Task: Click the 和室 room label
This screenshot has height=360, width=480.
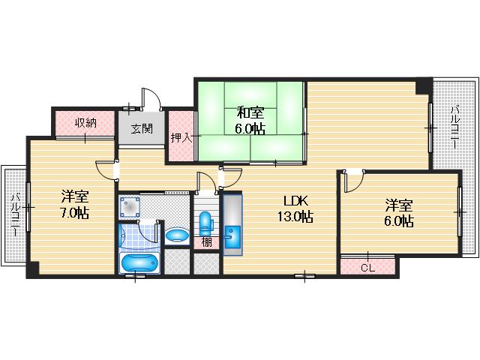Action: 250,113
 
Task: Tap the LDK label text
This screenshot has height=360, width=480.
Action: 295,201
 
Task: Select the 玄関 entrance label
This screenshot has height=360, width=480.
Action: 142,128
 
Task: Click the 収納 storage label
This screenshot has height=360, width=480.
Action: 86,123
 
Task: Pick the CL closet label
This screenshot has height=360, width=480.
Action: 367,268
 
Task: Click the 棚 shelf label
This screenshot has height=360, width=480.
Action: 207,242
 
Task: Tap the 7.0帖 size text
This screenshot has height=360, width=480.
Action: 74,212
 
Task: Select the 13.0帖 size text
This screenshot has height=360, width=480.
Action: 295,217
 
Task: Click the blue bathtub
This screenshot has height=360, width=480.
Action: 139,263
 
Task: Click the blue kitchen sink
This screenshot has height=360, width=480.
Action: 232,237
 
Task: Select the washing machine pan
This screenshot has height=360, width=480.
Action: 130,207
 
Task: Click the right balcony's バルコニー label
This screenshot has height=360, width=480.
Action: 455,127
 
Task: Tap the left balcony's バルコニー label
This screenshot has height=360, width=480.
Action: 15,214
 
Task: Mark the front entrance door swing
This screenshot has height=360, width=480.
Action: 151,98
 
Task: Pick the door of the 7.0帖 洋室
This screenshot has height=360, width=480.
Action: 106,170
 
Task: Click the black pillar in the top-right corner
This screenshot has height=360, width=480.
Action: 424,86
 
